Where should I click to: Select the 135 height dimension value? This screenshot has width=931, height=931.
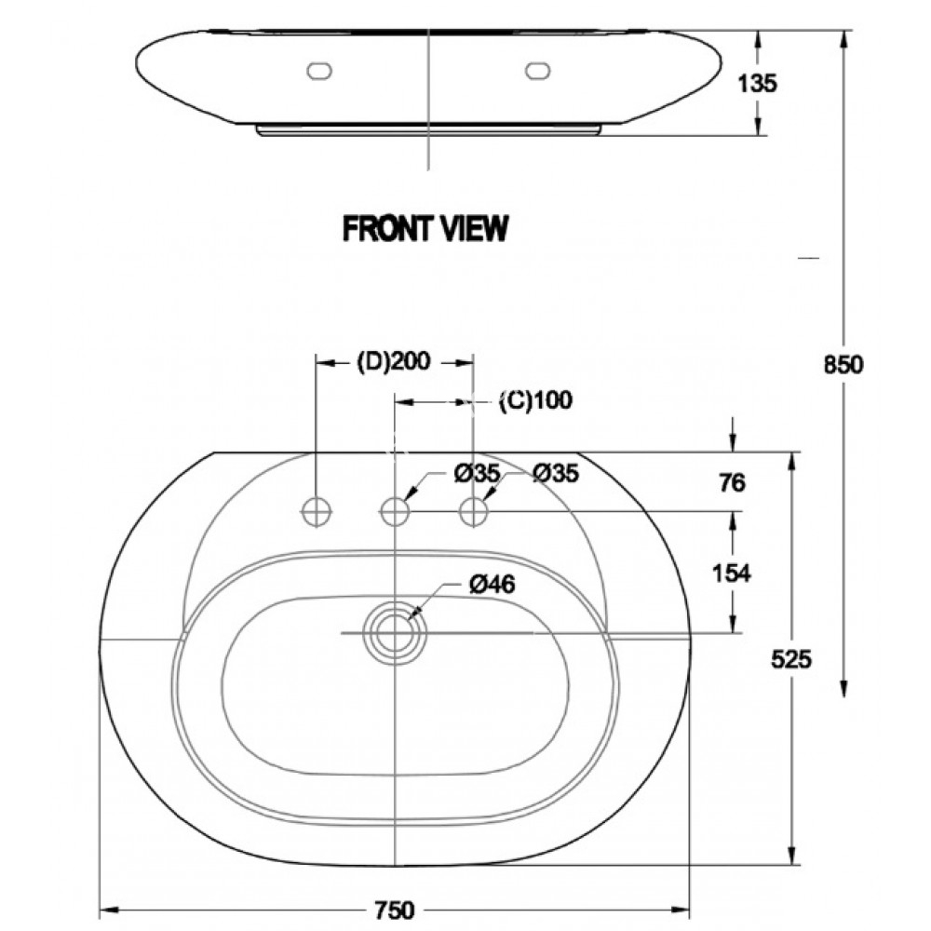[x=756, y=83]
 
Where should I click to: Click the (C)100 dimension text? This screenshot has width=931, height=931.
[x=534, y=401]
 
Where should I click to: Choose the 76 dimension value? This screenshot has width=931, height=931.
[x=734, y=482]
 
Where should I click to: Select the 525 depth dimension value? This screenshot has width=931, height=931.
[x=792, y=659]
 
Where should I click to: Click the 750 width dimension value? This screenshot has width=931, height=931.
[x=396, y=910]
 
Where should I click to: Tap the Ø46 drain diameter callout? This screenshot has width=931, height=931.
[x=492, y=584]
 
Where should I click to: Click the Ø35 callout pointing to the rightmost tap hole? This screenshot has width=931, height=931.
[x=556, y=474]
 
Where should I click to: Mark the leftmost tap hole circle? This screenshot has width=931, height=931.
[x=317, y=510]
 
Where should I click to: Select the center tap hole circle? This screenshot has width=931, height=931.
[x=397, y=510]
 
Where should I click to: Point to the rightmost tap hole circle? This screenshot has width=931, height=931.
[x=476, y=510]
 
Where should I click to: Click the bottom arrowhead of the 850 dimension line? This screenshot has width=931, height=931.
[x=844, y=690]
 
